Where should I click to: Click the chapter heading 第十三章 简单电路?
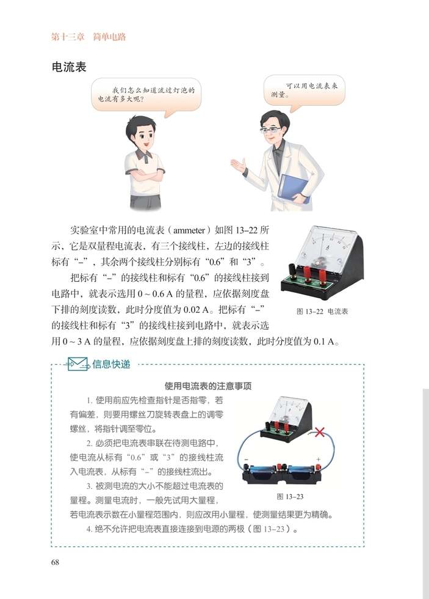pos(88,37)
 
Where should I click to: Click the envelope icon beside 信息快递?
pos(78,364)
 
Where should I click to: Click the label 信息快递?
pos(111,364)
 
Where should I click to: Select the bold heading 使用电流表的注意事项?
pos(209,386)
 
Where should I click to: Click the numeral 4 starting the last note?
pos(89,529)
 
